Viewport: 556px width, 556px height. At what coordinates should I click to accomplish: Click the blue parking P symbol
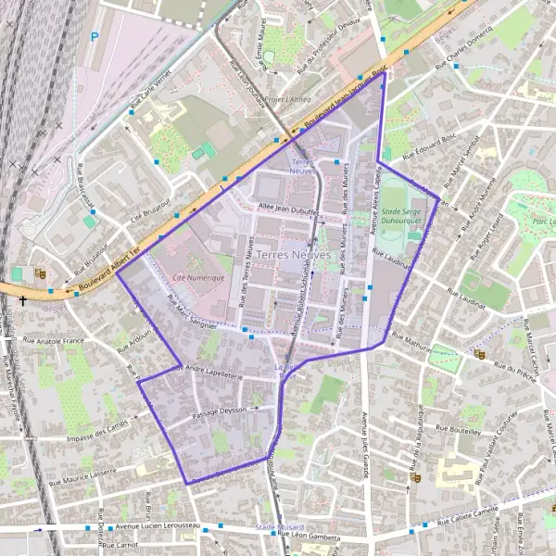pos(94,38)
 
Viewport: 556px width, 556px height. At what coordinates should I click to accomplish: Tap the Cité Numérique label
pos(197,277)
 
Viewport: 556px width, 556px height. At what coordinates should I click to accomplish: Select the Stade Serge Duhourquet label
pos(408,217)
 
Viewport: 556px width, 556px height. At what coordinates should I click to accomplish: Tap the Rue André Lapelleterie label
pos(208,373)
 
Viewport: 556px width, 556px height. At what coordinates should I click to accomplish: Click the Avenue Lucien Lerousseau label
pos(157,525)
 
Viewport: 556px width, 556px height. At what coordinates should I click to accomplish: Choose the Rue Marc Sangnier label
pos(192,312)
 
